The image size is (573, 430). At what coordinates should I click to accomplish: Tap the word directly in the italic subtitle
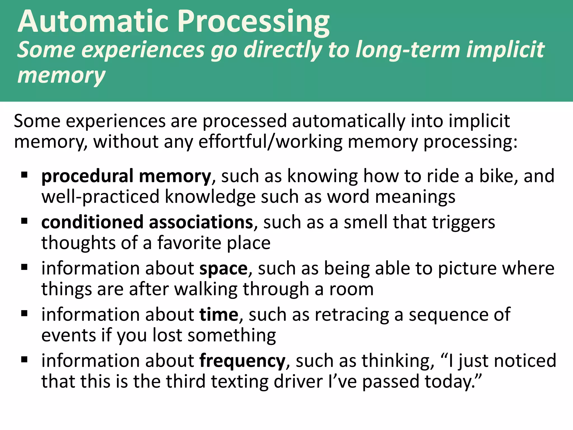coord(283,50)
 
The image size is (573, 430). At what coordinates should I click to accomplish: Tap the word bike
coord(498,176)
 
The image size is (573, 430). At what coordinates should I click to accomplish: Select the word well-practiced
coord(100,197)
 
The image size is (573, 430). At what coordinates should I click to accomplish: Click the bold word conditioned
coord(92,222)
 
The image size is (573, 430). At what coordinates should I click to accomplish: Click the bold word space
coord(224,268)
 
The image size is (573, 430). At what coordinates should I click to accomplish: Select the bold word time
coord(219,315)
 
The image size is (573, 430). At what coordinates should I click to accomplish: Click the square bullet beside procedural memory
coord(24,175)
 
